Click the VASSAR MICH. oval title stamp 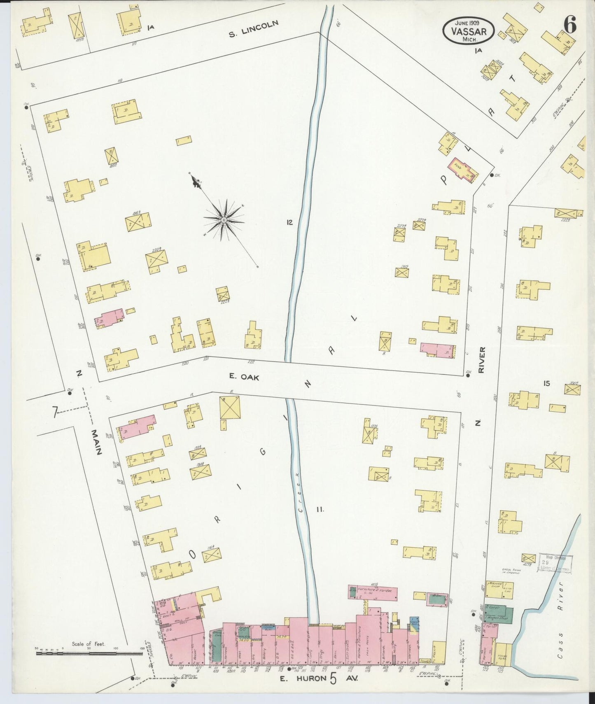coord(469,30)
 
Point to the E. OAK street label coord(244,376)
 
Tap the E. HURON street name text coord(302,678)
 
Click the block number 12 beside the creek coord(289,222)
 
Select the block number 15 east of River coord(546,383)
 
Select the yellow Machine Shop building coord(499,590)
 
